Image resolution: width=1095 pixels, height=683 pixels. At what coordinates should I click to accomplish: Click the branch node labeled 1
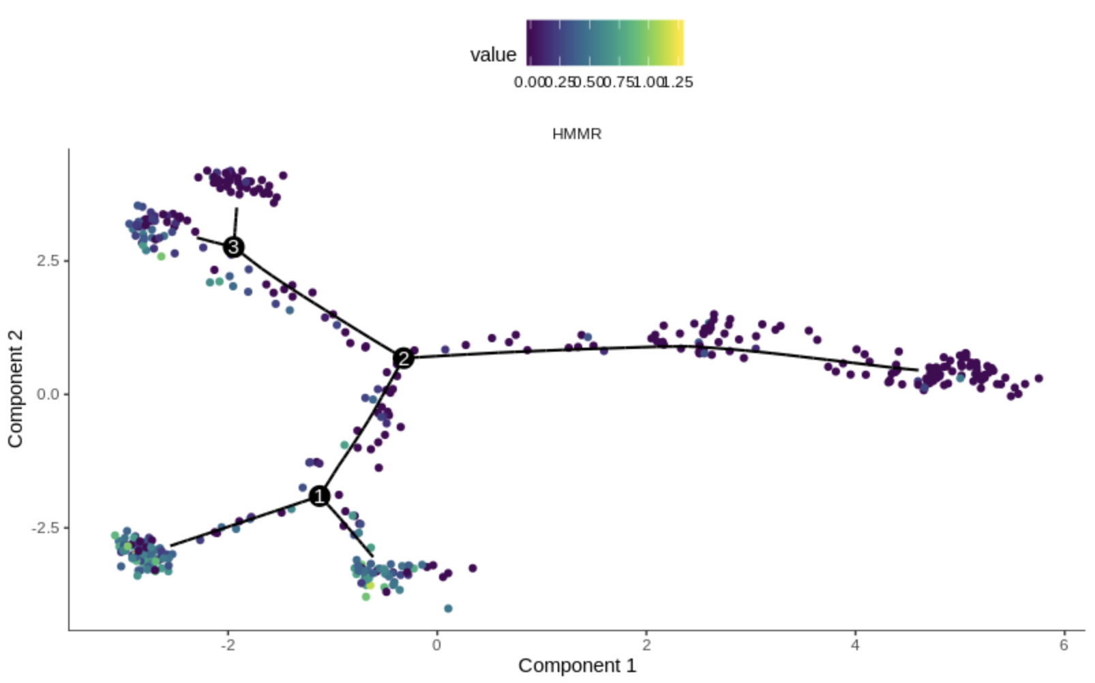tap(319, 496)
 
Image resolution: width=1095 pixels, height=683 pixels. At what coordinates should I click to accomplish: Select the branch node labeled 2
tap(404, 358)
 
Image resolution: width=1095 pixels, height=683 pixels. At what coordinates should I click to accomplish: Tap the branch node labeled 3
tap(234, 247)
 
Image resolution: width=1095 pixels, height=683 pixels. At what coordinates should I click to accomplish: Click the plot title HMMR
tap(577, 134)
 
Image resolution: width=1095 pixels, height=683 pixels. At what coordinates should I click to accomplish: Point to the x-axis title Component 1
tap(577, 665)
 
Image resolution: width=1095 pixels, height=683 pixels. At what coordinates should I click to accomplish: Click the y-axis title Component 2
tap(15, 389)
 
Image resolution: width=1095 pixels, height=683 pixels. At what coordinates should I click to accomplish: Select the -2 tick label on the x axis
tap(228, 645)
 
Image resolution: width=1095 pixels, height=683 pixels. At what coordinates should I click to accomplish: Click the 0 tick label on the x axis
tap(437, 645)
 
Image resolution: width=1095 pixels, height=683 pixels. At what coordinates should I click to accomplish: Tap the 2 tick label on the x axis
tap(646, 645)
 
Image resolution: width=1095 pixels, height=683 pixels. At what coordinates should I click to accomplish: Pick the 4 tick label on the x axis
tap(855, 645)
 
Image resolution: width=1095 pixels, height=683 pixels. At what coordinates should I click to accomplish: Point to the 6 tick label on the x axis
tap(1064, 645)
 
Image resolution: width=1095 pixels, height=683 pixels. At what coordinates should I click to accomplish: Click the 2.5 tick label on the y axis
tap(48, 261)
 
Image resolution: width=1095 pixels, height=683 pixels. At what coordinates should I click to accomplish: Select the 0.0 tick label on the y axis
tap(48, 394)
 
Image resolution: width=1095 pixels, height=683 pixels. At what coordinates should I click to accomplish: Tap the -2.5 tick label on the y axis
tap(46, 528)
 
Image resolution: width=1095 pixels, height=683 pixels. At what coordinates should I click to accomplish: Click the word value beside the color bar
tap(493, 55)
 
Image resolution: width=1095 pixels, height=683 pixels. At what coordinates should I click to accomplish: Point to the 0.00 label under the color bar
tap(528, 82)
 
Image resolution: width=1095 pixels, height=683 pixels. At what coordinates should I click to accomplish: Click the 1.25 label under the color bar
tap(679, 82)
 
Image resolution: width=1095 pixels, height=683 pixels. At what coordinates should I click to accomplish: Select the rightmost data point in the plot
tap(1039, 378)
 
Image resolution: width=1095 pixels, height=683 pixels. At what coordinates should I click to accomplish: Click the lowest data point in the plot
tap(448, 608)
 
